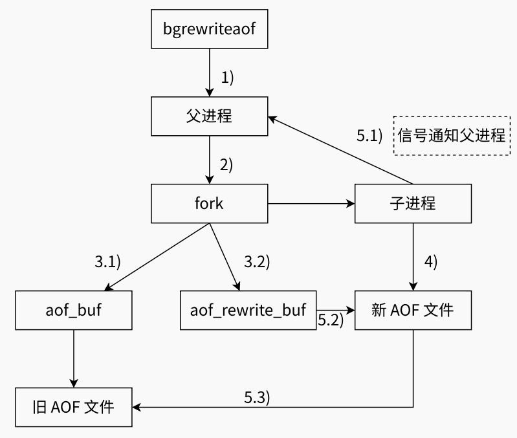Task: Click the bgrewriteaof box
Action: pos(209,29)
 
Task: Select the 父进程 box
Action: pos(209,116)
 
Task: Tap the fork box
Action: pos(209,204)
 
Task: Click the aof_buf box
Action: pos(74,310)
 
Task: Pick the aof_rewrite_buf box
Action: pos(248,310)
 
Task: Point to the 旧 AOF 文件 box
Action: pos(74,408)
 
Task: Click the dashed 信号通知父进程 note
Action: pos(452,135)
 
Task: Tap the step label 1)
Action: pos(226,78)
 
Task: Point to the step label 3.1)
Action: pos(108,262)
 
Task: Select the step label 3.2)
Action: pos(257,262)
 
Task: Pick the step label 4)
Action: pos(431,262)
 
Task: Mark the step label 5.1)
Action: pos(370,136)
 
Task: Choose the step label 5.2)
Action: pos(330,319)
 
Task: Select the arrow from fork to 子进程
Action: pos(311,204)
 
